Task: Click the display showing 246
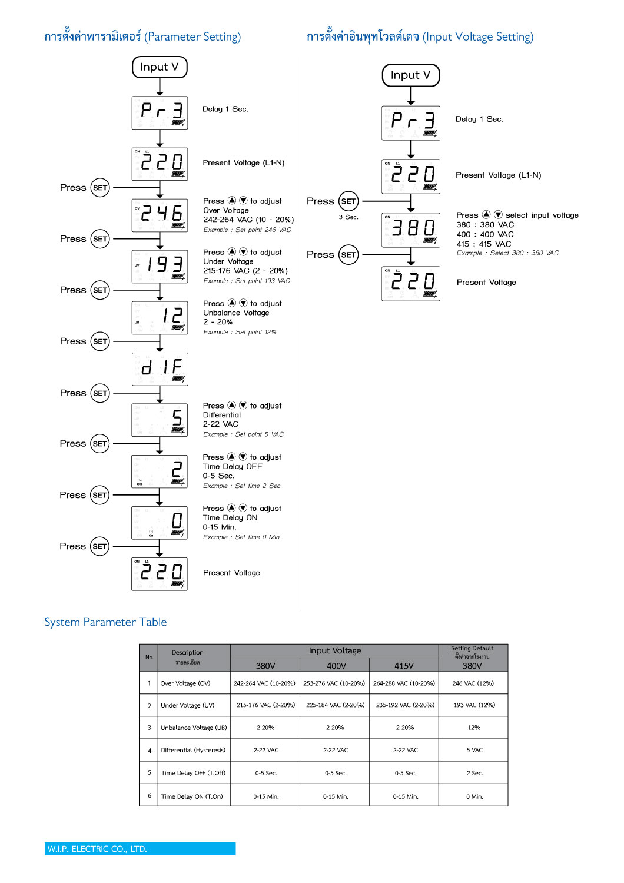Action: [x=160, y=215]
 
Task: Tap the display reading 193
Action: [x=160, y=267]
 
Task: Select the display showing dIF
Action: [x=160, y=369]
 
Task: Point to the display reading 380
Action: [x=411, y=230]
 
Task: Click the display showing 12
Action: [x=160, y=318]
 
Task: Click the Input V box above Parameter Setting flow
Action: [x=160, y=67]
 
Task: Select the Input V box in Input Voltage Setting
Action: [x=411, y=75]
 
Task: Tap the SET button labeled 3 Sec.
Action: [x=348, y=201]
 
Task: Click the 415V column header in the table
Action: [x=404, y=666]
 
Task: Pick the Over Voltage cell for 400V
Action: [x=334, y=683]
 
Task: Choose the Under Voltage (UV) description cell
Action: [x=188, y=705]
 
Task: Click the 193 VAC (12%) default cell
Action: [x=474, y=705]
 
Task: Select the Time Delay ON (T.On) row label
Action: [x=192, y=796]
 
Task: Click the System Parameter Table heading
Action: [x=105, y=622]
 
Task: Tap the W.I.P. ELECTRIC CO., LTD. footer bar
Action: [x=140, y=849]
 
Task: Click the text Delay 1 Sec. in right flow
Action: [x=479, y=119]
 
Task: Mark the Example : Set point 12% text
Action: [x=240, y=332]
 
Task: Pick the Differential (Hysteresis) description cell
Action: [x=193, y=751]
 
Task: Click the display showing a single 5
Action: [x=160, y=420]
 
